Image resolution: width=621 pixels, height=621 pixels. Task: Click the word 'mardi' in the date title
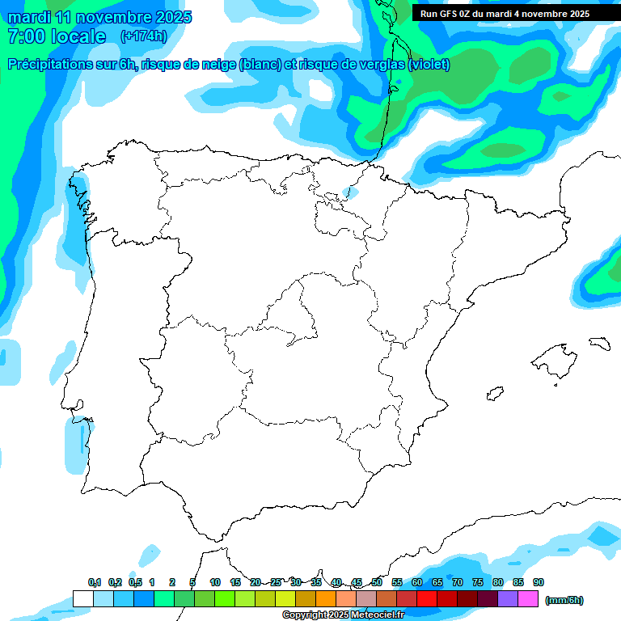click(29, 17)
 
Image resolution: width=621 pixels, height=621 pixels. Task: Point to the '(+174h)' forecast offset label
click(143, 36)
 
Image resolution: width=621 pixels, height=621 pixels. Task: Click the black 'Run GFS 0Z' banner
click(504, 14)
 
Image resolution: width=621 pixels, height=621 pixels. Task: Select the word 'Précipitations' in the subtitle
click(49, 65)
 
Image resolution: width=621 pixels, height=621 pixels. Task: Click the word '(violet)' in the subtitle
click(429, 65)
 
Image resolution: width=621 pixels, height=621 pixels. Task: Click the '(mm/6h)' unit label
click(564, 600)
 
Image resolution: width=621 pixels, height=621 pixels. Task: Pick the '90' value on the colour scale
click(539, 583)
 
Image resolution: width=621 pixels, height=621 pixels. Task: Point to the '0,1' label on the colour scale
click(95, 583)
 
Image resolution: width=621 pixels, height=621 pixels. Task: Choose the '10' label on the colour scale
click(215, 583)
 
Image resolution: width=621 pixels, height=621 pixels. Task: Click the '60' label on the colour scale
click(417, 583)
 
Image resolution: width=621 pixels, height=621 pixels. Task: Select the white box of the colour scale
click(82, 598)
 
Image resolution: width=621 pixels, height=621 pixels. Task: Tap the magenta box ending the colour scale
click(528, 598)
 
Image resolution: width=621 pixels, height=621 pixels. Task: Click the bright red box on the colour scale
click(427, 598)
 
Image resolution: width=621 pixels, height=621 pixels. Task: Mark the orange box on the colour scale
click(326, 598)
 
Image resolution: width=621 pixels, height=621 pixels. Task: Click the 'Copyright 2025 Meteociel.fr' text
click(343, 615)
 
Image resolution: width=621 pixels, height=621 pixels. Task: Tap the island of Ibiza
click(496, 394)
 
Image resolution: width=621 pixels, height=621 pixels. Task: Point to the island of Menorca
click(599, 343)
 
